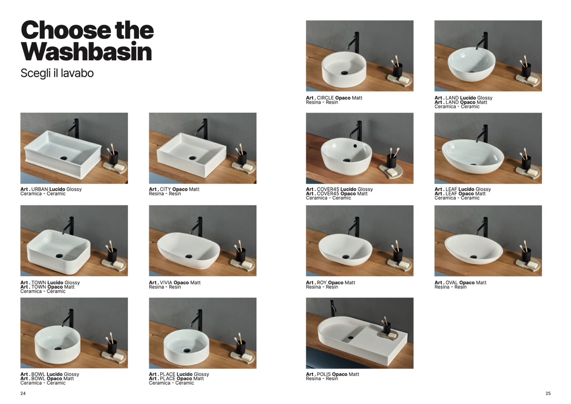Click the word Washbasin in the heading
click(x=86, y=52)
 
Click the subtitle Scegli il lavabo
click(x=57, y=73)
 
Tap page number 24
click(x=23, y=393)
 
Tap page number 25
click(x=548, y=393)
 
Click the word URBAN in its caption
click(x=40, y=189)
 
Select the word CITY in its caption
click(x=165, y=189)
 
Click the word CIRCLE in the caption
click(x=325, y=98)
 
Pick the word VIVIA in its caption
click(x=166, y=283)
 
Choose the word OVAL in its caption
click(x=451, y=283)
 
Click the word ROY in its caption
click(x=321, y=283)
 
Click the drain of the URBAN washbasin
click(x=64, y=158)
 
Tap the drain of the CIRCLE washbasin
click(x=344, y=73)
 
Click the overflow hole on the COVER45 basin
click(x=355, y=146)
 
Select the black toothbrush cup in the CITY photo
click(x=242, y=158)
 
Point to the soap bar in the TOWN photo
click(x=118, y=264)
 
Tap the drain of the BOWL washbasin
click(x=58, y=348)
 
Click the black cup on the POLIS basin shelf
click(x=387, y=328)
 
